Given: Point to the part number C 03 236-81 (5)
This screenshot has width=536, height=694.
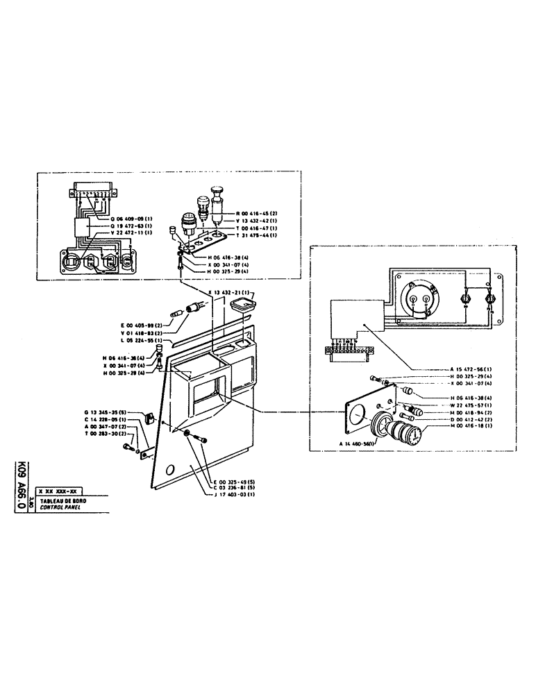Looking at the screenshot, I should [x=233, y=488].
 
